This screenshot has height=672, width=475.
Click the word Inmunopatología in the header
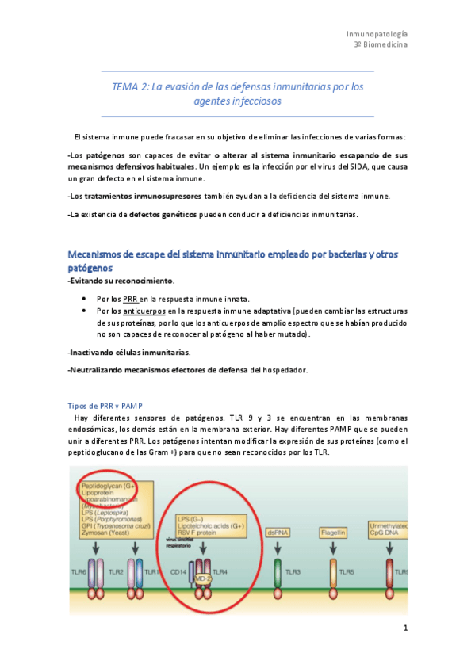(x=377, y=34)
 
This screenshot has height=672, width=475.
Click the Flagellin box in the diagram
(x=334, y=533)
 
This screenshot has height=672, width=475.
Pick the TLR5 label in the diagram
(x=347, y=571)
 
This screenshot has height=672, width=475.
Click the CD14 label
(x=178, y=571)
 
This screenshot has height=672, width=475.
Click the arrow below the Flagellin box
(x=333, y=548)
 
